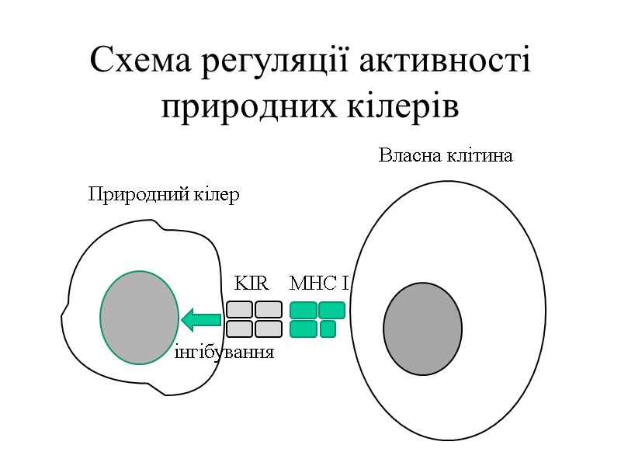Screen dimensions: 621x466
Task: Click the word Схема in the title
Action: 140,61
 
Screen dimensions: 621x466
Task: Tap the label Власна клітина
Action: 446,156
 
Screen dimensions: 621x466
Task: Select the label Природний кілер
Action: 164,194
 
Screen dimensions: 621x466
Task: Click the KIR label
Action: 251,283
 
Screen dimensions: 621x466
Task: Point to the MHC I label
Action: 318,283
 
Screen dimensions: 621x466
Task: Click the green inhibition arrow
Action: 201,318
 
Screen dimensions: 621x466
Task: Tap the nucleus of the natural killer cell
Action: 140,318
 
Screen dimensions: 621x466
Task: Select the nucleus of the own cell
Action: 422,329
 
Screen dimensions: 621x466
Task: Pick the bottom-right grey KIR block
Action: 268,329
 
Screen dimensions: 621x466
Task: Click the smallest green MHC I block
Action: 328,329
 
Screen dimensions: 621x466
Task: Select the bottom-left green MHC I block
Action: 303,329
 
